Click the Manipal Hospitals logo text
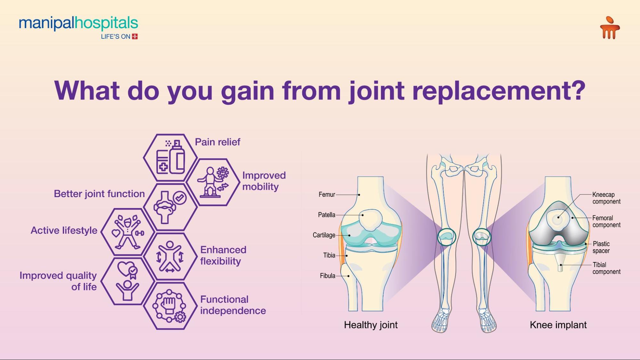tap(78, 24)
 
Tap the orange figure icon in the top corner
tap(610, 28)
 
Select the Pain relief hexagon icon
tap(170, 158)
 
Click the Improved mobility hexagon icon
tap(213, 182)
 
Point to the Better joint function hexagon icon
tap(170, 207)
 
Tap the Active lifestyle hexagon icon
tap(127, 232)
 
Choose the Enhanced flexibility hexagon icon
tap(170, 257)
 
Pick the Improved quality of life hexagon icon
tap(127, 281)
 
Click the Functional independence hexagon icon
tap(170, 306)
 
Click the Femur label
tap(327, 195)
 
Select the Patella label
tap(326, 215)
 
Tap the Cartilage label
tap(324, 235)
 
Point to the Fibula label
tap(327, 276)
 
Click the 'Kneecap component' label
tap(606, 198)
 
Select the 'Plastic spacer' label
tap(601, 247)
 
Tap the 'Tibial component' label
tap(606, 268)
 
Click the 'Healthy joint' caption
tap(370, 325)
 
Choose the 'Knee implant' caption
tap(558, 325)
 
